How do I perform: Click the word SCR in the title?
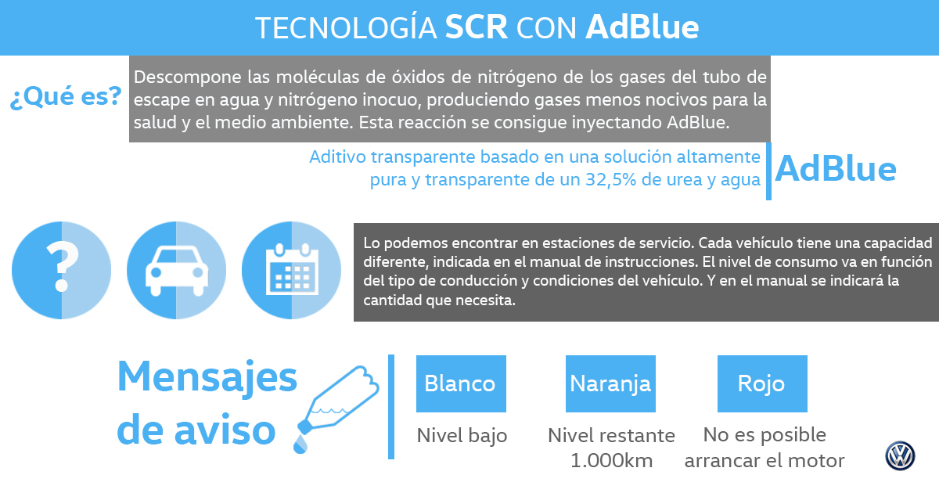(x=477, y=27)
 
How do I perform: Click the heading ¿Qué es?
(x=66, y=96)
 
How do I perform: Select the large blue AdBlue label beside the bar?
(x=836, y=169)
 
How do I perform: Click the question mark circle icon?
(x=62, y=271)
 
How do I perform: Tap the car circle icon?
(x=177, y=271)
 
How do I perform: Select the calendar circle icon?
(x=292, y=271)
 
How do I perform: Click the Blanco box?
(x=461, y=383)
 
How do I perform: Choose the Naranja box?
(x=611, y=383)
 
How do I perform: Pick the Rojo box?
(x=762, y=383)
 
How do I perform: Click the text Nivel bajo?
(x=462, y=436)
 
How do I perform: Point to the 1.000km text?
(x=612, y=461)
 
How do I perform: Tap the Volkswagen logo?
(x=900, y=455)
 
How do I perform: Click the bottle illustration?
(x=338, y=401)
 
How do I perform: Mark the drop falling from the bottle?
(x=300, y=444)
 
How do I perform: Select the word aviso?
(x=225, y=430)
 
